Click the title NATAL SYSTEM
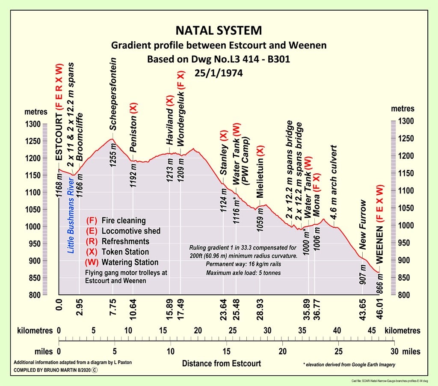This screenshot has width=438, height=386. pyautogui.click(x=219, y=31)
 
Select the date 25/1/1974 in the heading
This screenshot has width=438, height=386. pyautogui.click(x=219, y=73)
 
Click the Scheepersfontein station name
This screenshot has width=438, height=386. pyautogui.click(x=113, y=94)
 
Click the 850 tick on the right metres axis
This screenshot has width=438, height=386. pyautogui.click(x=405, y=278)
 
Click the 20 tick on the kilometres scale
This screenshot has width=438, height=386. pyautogui.click(x=198, y=330)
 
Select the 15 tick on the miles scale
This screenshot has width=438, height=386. pyautogui.click(x=226, y=351)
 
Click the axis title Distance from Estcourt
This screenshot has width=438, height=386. pyautogui.click(x=222, y=364)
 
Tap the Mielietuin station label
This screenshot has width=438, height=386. pyautogui.click(x=260, y=171)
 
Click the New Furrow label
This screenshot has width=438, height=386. pyautogui.click(x=363, y=225)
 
